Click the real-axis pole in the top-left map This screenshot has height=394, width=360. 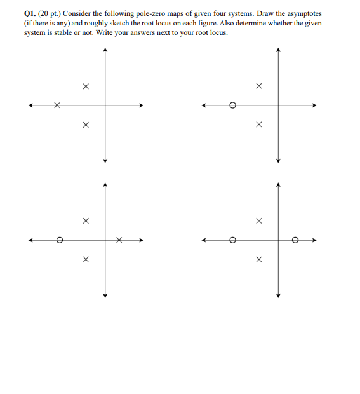tap(57, 105)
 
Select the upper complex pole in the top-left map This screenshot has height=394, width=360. tap(86, 86)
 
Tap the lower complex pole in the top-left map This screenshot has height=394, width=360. tap(86, 125)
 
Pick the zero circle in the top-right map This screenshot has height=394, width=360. tap(232, 105)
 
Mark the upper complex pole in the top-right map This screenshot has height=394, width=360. tap(258, 86)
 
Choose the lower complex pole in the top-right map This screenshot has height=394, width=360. tap(258, 125)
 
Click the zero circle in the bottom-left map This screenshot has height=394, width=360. tap(59, 240)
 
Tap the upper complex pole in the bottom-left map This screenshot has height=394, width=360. tap(86, 221)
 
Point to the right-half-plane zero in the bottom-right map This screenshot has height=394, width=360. tap(295, 240)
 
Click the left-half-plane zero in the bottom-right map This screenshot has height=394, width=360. tap(232, 240)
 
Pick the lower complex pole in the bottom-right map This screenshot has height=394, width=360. tap(258, 260)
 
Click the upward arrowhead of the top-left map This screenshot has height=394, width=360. tap(105, 50)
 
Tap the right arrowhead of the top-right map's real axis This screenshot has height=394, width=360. tap(314, 105)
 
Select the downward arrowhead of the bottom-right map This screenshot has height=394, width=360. tap(278, 295)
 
